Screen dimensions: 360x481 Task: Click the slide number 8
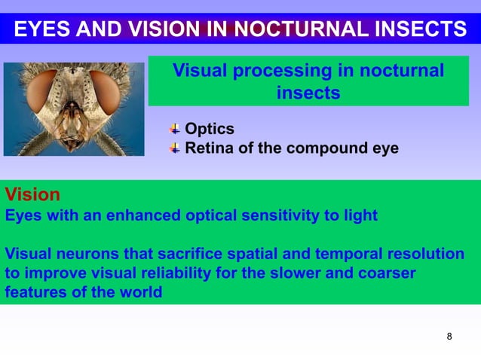pos(449,336)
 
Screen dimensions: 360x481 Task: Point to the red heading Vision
pos(32,194)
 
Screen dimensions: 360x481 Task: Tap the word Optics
pos(210,129)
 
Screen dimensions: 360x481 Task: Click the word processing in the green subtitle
pos(282,72)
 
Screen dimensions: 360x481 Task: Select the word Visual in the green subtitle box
pos(199,72)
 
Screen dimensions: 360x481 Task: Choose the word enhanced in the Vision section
pos(144,215)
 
